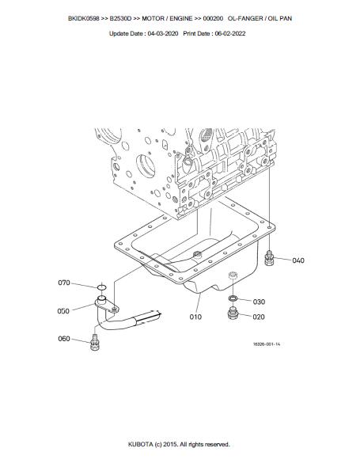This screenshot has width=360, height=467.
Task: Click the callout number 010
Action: (x=195, y=317)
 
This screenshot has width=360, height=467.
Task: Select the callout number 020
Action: (x=259, y=317)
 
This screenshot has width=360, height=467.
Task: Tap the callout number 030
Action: (x=259, y=302)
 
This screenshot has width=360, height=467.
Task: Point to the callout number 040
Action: (x=298, y=260)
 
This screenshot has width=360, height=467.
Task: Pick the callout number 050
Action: (x=63, y=311)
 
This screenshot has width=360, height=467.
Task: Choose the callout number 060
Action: (x=64, y=339)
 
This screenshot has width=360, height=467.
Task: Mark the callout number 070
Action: (x=64, y=283)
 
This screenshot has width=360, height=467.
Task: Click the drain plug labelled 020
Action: (x=233, y=313)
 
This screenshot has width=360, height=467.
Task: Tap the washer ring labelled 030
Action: (x=233, y=298)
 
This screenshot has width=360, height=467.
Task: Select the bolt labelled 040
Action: (x=269, y=258)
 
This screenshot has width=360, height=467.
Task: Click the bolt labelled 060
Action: (x=95, y=343)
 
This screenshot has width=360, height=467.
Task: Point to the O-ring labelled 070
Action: (x=101, y=287)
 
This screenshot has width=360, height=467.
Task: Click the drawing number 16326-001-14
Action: (x=267, y=344)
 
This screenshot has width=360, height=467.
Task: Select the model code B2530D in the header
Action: (x=120, y=18)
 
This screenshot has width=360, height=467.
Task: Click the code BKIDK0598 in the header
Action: (x=84, y=18)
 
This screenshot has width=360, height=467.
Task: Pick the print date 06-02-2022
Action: (x=230, y=34)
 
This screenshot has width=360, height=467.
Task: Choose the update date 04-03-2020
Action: (x=163, y=34)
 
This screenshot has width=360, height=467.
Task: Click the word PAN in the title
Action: (x=286, y=18)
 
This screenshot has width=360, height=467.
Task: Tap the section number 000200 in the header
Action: (x=213, y=18)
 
